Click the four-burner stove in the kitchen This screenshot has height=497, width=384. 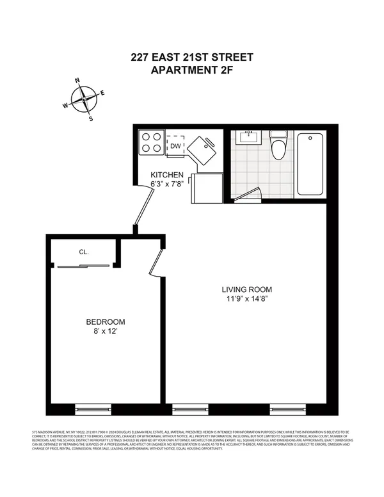(x=152, y=142)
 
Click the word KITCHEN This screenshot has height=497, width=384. (x=167, y=175)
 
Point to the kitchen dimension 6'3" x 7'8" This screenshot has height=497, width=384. (x=167, y=184)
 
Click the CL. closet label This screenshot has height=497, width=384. (x=84, y=252)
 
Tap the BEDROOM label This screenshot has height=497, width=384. (x=106, y=322)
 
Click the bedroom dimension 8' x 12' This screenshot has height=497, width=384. (x=106, y=332)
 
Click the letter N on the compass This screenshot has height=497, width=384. (x=77, y=81)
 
